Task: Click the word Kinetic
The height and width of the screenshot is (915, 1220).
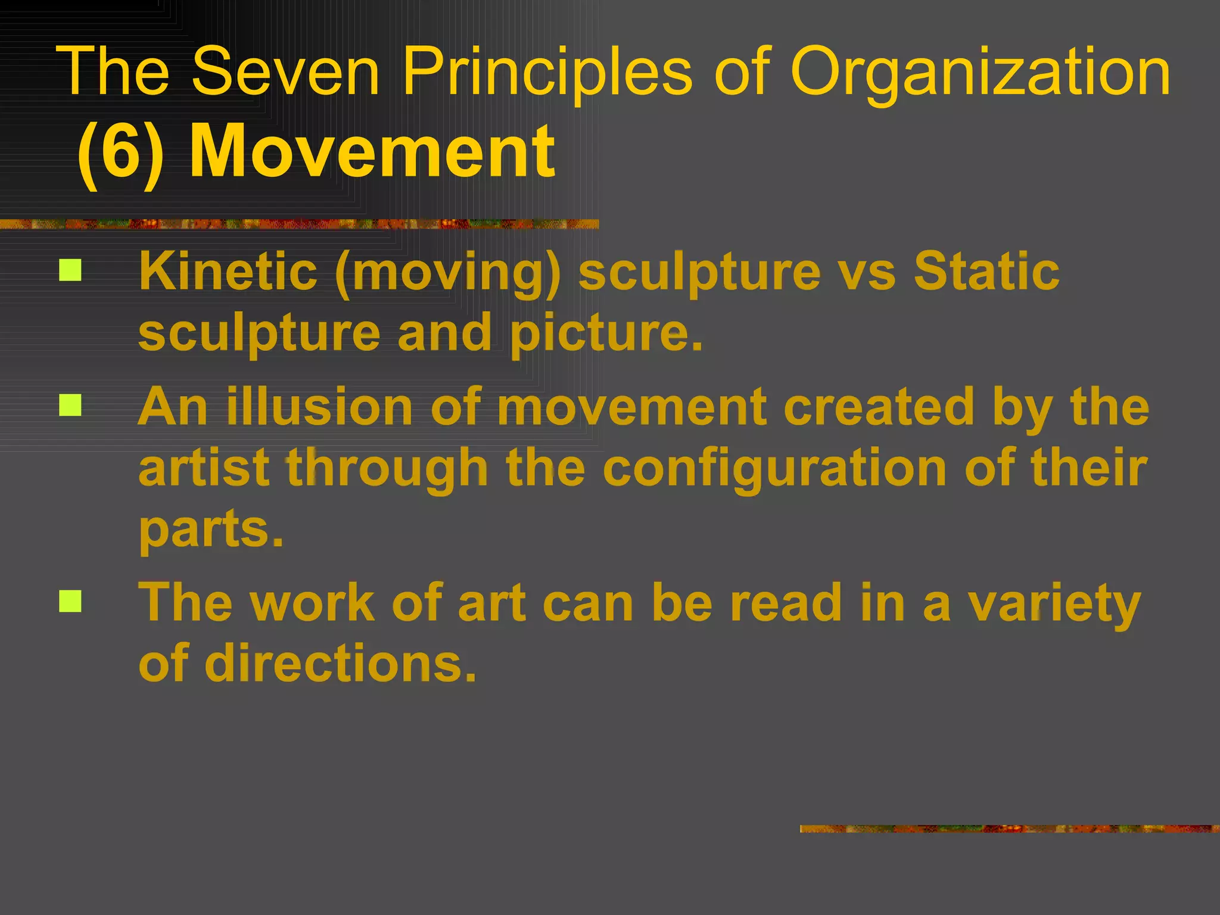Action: [x=228, y=271]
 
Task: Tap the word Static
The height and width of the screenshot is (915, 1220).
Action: [x=986, y=271]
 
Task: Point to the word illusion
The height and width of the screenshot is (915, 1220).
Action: [x=320, y=407]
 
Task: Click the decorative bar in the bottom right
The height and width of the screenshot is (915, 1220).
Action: [x=1009, y=829]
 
